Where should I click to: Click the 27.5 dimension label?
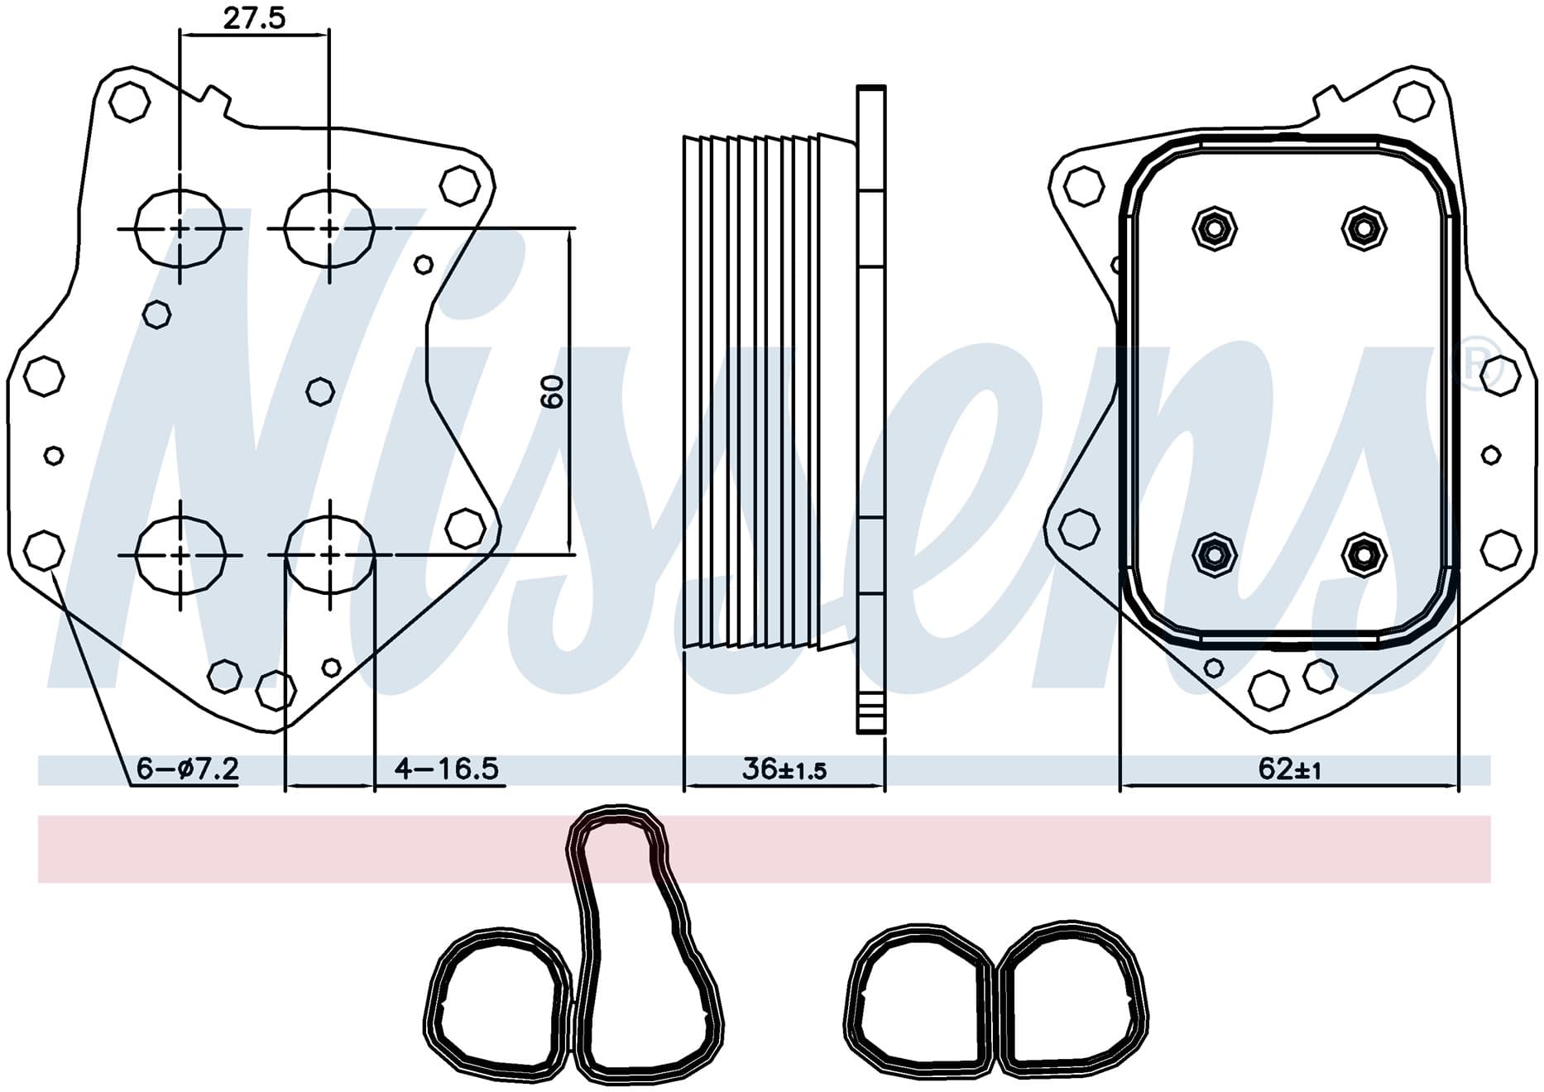coord(254,17)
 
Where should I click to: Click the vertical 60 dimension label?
coord(552,390)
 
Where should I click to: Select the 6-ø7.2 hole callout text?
coord(188,769)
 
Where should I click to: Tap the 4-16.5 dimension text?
coord(447,769)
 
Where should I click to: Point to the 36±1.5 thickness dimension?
coord(784,769)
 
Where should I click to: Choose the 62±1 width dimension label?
coord(1289,769)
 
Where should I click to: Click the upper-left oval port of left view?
coord(180,228)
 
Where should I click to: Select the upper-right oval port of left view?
coord(329,228)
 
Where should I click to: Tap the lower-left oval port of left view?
coord(180,554)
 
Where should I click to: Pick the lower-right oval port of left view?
coord(329,554)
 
